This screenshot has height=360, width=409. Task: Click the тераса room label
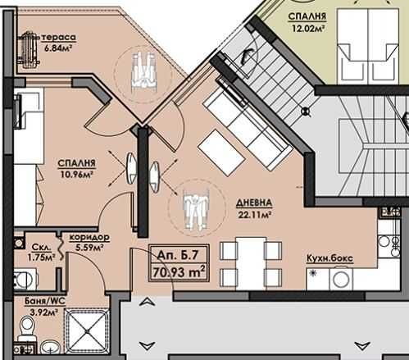point(61,38)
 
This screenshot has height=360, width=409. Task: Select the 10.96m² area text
point(75,174)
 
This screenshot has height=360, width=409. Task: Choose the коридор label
point(90,236)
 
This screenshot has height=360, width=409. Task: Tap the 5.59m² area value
point(88,247)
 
